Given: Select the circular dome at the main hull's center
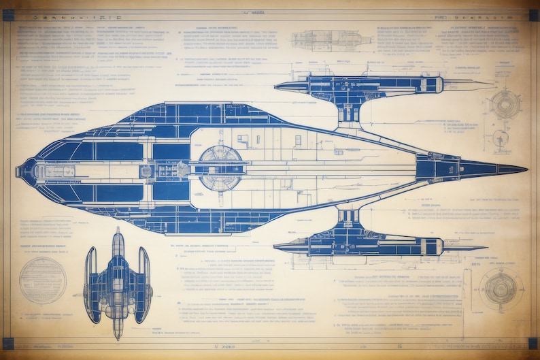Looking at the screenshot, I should click(220, 167).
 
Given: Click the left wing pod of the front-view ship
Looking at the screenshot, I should click(91, 284).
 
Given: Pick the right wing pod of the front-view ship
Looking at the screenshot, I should click(144, 284).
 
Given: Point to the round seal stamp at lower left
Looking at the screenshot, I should click(43, 280).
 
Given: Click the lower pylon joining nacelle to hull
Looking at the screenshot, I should click(349, 219).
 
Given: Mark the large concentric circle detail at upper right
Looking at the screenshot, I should click(505, 105).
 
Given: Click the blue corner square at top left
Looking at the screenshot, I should click(8, 15).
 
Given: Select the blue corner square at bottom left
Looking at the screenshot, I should click(8, 344).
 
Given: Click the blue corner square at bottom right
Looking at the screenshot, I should click(533, 344).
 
